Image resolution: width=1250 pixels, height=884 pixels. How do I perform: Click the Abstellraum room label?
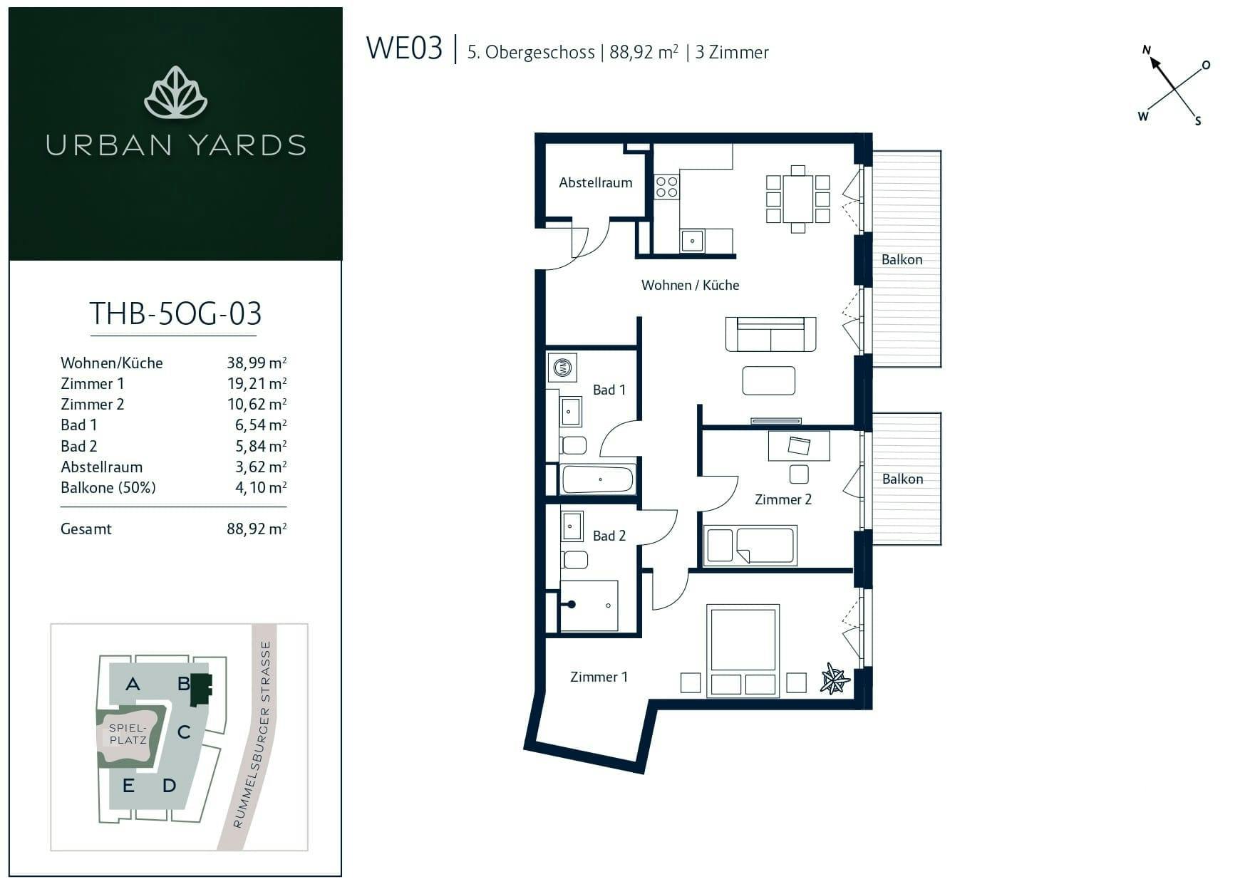coord(595,182)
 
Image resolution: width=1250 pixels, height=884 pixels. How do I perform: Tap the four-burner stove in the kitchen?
coord(667,187)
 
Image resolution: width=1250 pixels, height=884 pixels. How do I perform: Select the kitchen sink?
coord(692,241)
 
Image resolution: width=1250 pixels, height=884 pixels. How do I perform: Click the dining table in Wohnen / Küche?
coord(798,199)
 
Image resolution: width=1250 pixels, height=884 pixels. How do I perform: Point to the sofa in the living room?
coord(770,334)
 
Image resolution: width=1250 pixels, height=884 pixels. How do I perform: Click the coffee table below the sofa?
coord(768,380)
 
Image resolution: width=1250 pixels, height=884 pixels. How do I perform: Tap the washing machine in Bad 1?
coord(563,368)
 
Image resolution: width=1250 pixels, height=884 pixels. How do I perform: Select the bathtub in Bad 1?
coord(598,479)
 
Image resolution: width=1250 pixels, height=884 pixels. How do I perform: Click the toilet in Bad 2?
coord(575,559)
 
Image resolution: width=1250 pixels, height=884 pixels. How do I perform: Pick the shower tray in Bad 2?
coord(589,605)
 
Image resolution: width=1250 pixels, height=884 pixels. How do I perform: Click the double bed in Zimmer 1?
coord(743,650)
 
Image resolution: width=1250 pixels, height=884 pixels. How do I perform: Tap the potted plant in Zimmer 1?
coord(835,678)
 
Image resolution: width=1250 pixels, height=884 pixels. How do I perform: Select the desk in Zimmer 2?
coord(799,446)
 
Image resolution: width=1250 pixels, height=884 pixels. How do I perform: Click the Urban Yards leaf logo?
coord(175,93)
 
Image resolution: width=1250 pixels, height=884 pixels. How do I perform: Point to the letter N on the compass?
coord(1147,50)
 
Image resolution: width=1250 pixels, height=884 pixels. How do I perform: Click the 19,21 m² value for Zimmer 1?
coord(257,383)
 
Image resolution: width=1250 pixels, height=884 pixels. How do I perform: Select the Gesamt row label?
coord(86,529)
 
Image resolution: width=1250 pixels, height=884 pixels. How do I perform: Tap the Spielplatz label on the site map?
coord(128,734)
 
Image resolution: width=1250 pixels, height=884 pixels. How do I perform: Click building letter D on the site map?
coord(169,786)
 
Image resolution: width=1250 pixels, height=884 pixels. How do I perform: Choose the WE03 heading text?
coord(404,48)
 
